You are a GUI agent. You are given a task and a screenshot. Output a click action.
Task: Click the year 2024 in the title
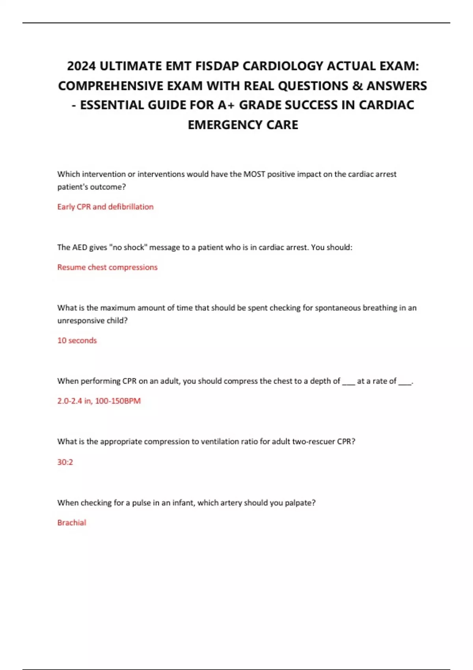click(x=81, y=66)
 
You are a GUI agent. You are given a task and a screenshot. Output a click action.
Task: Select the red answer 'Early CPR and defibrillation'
click(x=105, y=207)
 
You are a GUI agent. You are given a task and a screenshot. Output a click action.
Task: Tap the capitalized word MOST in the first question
click(x=254, y=174)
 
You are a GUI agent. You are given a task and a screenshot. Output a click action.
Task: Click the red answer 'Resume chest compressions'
click(x=107, y=267)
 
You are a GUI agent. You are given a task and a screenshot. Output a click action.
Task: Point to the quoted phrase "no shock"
click(x=128, y=248)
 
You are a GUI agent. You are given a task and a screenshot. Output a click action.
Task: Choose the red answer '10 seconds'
click(x=77, y=341)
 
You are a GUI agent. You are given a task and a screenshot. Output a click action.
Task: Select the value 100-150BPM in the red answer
click(x=118, y=401)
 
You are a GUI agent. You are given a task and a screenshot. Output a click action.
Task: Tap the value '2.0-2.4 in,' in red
click(x=75, y=401)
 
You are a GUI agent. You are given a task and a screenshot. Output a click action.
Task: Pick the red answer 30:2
click(x=65, y=462)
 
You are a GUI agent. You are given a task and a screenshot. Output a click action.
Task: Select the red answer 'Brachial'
click(x=72, y=523)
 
